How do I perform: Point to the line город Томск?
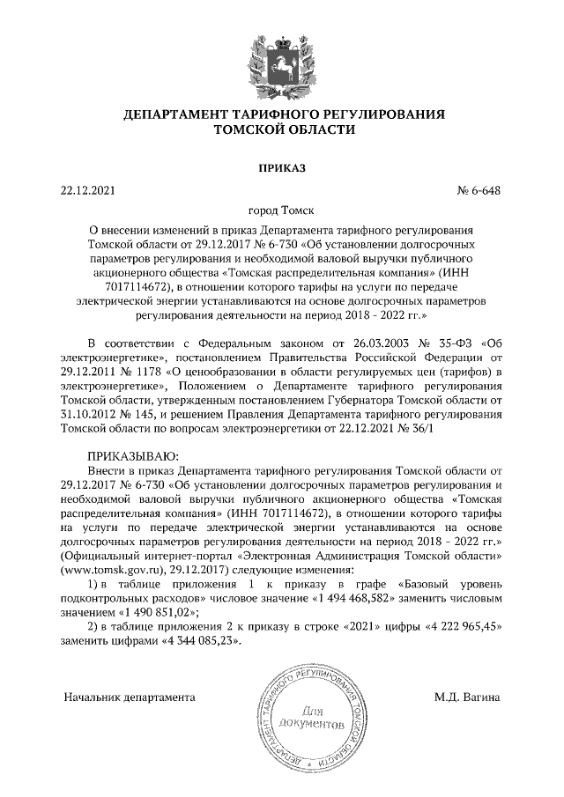(x=282, y=211)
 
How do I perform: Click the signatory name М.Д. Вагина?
(x=467, y=697)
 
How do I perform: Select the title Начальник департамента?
(x=129, y=697)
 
